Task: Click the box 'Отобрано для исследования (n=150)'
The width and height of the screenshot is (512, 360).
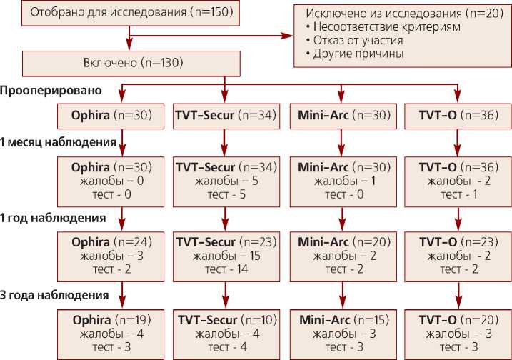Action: (x=129, y=12)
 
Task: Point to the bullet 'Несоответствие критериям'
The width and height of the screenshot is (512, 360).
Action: (x=382, y=26)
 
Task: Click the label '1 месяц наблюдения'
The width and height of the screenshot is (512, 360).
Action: (x=58, y=142)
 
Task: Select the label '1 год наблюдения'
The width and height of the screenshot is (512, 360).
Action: (x=53, y=218)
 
